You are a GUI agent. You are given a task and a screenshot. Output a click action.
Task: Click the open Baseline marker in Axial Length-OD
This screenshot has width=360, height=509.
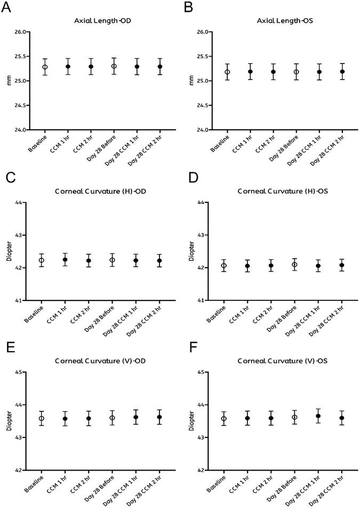pos(45,67)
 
